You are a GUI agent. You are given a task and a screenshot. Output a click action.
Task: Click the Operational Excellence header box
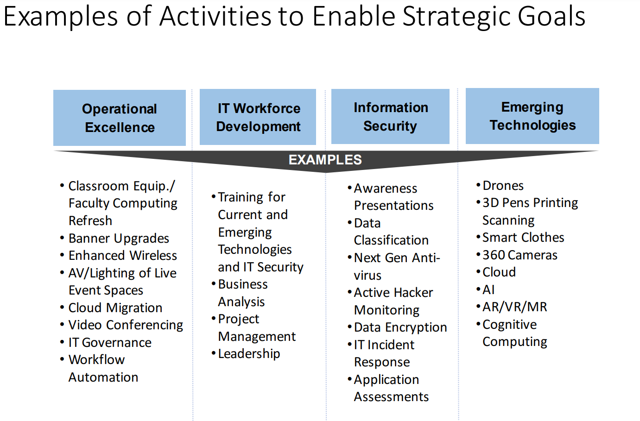tap(120, 118)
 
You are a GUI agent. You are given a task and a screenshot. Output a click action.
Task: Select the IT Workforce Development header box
tap(258, 117)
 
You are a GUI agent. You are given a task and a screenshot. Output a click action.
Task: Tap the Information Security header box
tap(390, 116)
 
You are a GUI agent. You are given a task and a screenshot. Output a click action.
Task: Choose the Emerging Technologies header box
tap(532, 116)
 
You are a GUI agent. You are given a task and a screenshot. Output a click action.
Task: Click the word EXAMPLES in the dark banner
tap(325, 160)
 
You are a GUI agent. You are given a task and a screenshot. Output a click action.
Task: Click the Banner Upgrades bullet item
tap(119, 238)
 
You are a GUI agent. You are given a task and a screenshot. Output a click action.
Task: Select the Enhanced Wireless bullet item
tap(122, 255)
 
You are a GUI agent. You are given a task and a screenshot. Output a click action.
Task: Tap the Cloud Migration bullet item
tap(115, 308)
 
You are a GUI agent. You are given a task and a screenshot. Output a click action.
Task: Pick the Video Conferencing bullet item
tap(126, 325)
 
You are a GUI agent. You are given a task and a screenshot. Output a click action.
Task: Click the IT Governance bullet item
tap(110, 342)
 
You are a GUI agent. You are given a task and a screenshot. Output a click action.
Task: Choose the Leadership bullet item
tap(249, 353)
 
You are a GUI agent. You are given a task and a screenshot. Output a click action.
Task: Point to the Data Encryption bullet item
tap(400, 327)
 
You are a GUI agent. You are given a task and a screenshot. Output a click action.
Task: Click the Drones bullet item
tap(503, 186)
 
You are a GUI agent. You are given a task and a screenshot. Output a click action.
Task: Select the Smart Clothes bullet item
tap(523, 237)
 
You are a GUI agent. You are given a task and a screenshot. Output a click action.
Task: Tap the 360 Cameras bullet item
tap(520, 255)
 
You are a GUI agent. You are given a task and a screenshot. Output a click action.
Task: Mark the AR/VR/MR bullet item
tap(514, 307)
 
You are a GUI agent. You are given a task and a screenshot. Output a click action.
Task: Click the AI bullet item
tap(488, 289)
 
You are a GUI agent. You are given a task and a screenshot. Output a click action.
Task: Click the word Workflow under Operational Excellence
tap(96, 359)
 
